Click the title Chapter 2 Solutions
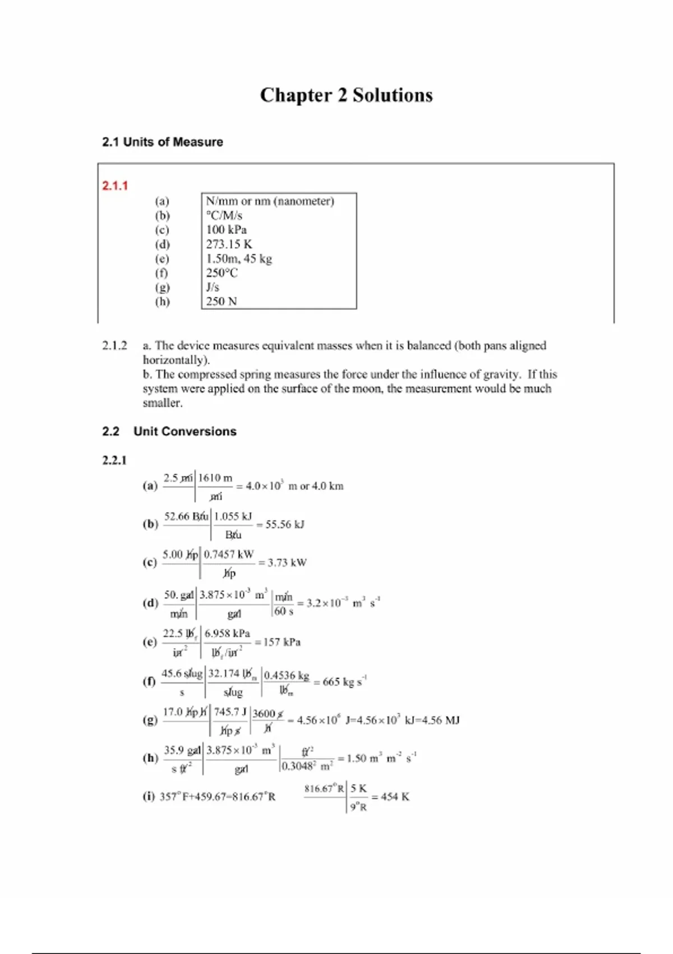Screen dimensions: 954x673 [x=346, y=95]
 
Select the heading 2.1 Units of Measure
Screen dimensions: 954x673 [x=162, y=142]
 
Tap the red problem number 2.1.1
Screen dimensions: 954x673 [x=115, y=186]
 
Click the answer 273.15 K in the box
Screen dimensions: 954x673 [x=229, y=244]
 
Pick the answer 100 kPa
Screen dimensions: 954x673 [x=226, y=230]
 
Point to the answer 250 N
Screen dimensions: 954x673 [x=221, y=301]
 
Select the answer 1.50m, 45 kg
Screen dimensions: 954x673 [x=238, y=259]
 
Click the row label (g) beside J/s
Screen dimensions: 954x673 [x=162, y=287]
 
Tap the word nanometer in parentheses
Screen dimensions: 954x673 [x=303, y=201]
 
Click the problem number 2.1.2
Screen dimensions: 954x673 [x=114, y=346]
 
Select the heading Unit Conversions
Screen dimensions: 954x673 [x=185, y=432]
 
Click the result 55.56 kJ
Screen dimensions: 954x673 [x=284, y=525]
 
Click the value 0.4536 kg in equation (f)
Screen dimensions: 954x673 [x=287, y=676]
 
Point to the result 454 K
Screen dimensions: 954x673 [x=395, y=797]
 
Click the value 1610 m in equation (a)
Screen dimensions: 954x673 [x=215, y=478]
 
